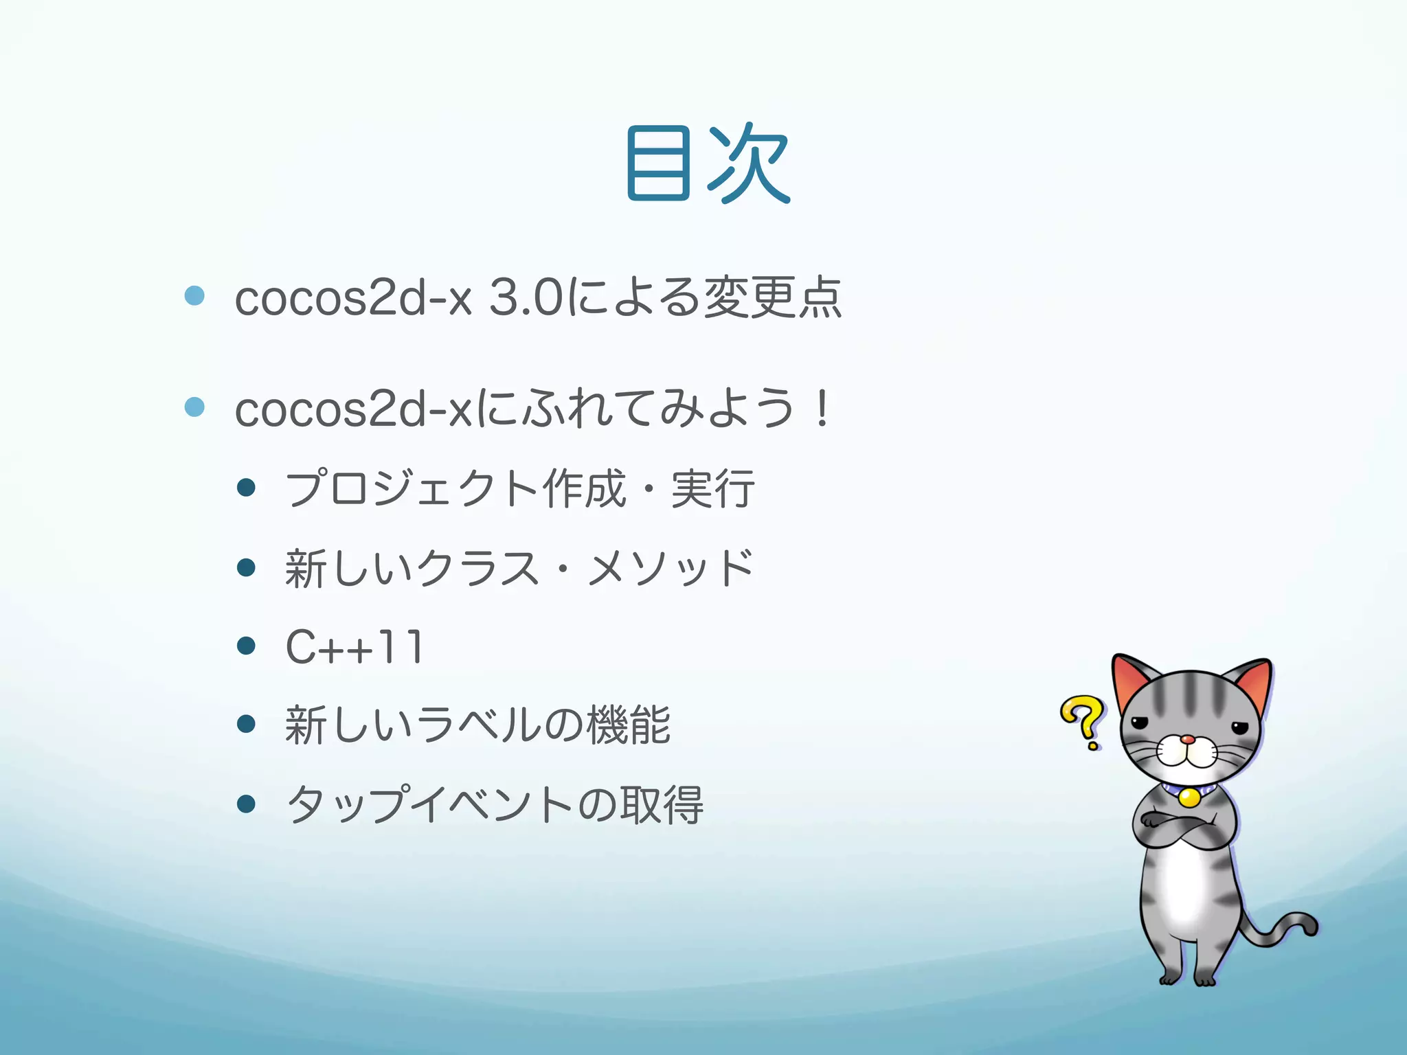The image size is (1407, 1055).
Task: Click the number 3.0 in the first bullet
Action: point(526,298)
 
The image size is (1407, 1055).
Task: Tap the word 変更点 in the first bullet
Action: point(773,298)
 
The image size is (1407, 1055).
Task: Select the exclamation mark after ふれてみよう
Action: point(821,408)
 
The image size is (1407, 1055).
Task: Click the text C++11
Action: point(354,647)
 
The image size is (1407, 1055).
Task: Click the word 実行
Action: point(712,489)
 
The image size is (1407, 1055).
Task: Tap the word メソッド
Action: point(670,569)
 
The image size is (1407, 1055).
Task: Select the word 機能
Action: point(629,725)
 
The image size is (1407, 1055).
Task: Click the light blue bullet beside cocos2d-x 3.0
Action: point(195,296)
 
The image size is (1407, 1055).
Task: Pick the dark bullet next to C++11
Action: point(246,646)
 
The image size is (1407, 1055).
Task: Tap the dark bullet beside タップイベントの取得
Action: point(246,804)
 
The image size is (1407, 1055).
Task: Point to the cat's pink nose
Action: point(1187,740)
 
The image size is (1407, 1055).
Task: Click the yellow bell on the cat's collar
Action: point(1189,797)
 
